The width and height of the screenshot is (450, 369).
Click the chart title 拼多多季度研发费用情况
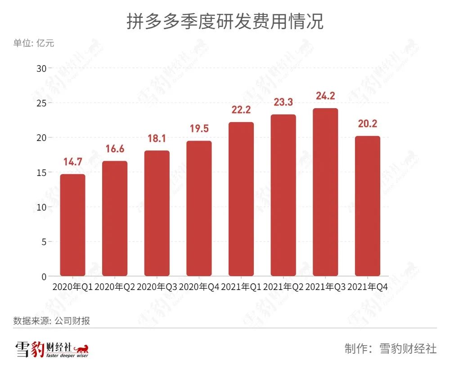[225, 21]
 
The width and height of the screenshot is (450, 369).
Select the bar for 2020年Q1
[73, 225]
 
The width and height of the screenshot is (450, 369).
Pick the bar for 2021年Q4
[368, 206]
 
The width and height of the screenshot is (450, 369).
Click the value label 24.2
[325, 96]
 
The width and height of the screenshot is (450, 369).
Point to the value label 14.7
[73, 162]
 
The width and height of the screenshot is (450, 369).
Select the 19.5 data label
[199, 128]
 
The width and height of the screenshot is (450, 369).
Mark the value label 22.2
[241, 110]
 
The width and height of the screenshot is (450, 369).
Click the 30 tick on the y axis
[41, 68]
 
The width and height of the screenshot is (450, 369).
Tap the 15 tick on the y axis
[41, 172]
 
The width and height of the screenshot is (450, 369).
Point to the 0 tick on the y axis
[44, 277]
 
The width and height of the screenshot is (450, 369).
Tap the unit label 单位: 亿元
[34, 43]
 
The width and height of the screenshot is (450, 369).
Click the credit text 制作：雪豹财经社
[391, 349]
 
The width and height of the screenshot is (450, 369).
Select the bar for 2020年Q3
[157, 213]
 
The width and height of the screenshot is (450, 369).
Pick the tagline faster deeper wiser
[67, 356]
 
